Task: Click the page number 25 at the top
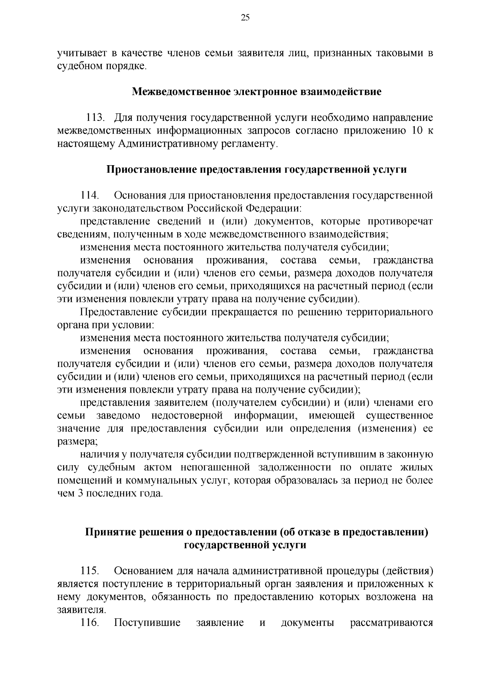point(245,17)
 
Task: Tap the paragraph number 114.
point(90,195)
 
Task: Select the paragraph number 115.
point(90,571)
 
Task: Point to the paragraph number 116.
point(90,623)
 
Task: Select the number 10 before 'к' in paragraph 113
point(414,131)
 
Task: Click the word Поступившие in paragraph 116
point(147,623)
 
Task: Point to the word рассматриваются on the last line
point(391,623)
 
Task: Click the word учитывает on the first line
point(80,53)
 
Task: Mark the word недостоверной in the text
point(187,416)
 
